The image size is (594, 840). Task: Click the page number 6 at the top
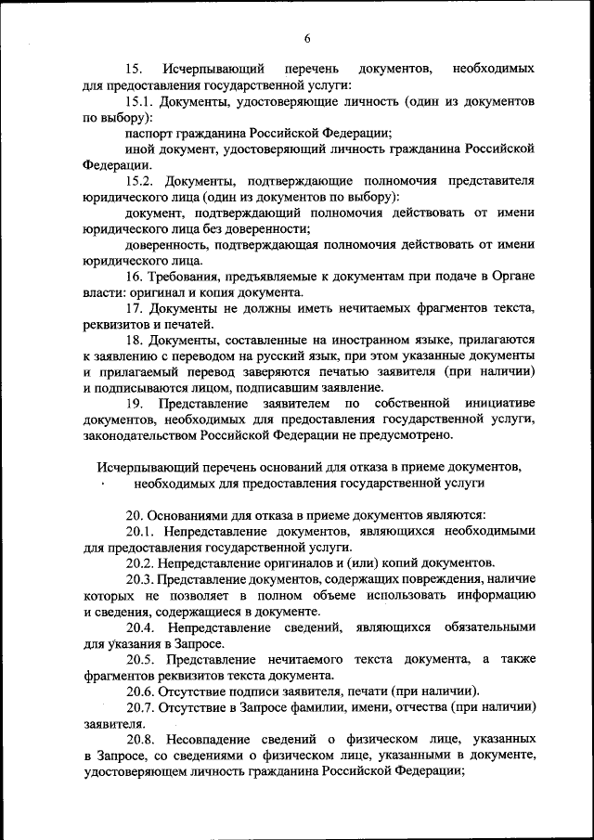[x=305, y=37]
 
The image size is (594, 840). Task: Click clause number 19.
[x=135, y=404]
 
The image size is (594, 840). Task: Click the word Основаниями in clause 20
[x=198, y=515]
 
